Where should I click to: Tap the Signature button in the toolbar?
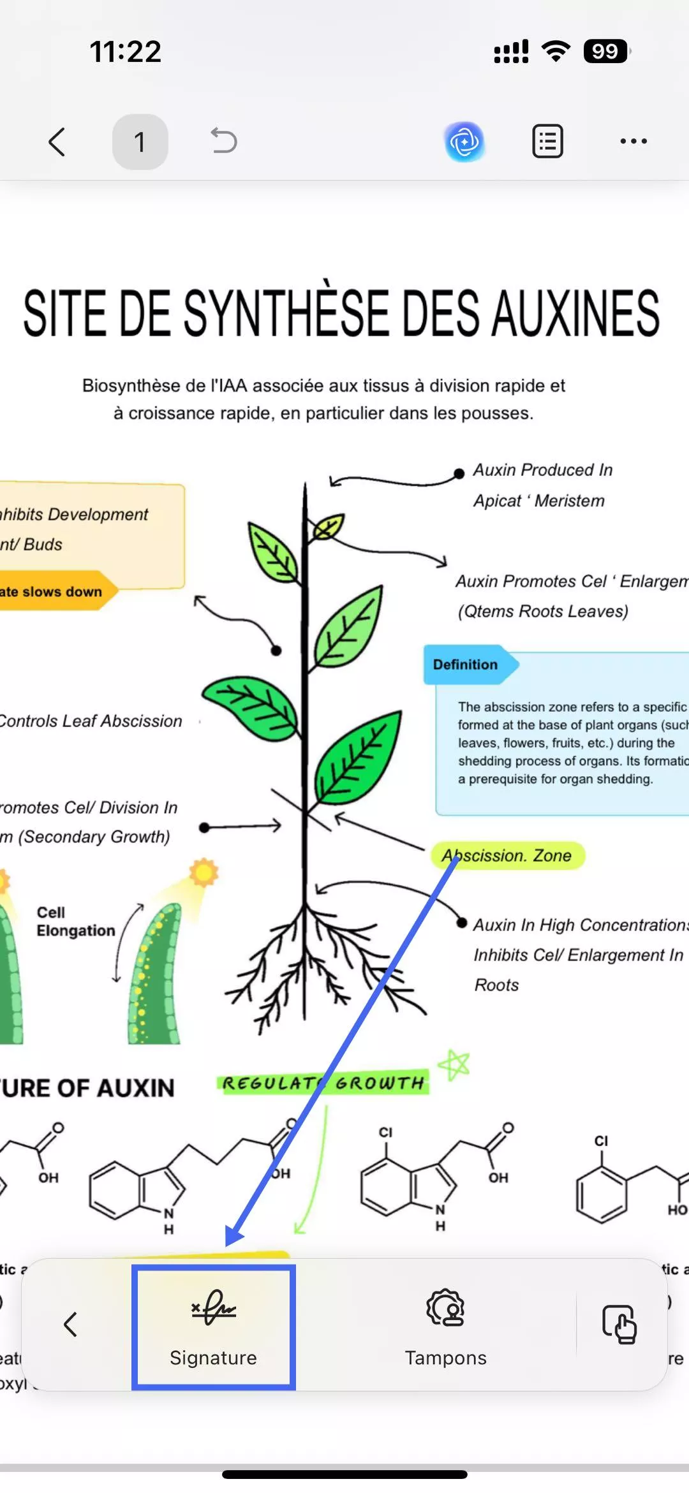click(x=213, y=1327)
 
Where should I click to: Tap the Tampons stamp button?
click(x=445, y=1327)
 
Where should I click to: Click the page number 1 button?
click(x=140, y=142)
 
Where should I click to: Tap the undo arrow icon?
click(x=224, y=141)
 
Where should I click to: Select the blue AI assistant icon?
click(x=464, y=142)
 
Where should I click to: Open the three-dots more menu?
click(x=633, y=142)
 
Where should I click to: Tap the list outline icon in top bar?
click(x=547, y=142)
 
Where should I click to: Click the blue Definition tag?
click(x=466, y=665)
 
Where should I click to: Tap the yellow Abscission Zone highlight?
click(x=508, y=855)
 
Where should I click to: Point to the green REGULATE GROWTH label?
click(x=323, y=1083)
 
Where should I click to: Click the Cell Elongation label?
click(x=75, y=922)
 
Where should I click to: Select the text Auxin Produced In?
click(x=542, y=470)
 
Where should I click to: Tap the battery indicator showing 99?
click(x=605, y=51)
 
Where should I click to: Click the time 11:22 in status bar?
click(x=125, y=51)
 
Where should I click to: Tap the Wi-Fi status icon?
click(x=556, y=51)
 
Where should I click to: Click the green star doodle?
click(x=455, y=1064)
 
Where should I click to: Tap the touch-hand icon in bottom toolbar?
click(x=619, y=1325)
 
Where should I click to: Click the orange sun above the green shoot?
click(x=204, y=872)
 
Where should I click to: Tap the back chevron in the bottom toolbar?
click(x=70, y=1325)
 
